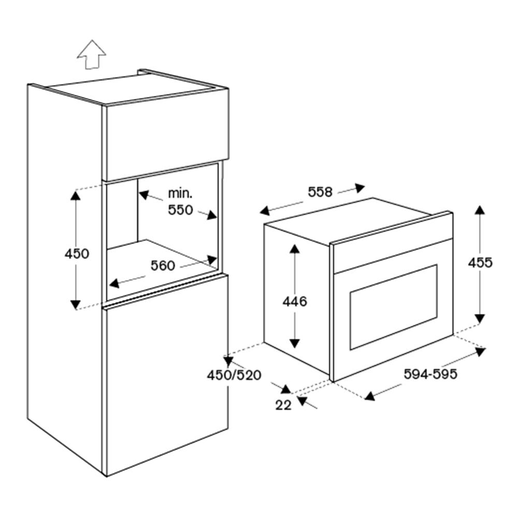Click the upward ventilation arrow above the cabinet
(92, 55)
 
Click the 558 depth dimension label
(320, 192)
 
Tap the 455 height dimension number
(480, 263)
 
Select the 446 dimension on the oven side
(295, 301)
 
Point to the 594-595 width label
(430, 374)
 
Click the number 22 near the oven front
(283, 405)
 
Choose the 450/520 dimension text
(234, 375)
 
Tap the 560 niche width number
(163, 266)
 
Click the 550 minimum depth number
(180, 210)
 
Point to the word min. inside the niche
(180, 194)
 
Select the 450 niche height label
(77, 254)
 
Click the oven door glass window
(393, 307)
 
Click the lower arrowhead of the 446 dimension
(294, 343)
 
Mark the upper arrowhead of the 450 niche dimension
(76, 195)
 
